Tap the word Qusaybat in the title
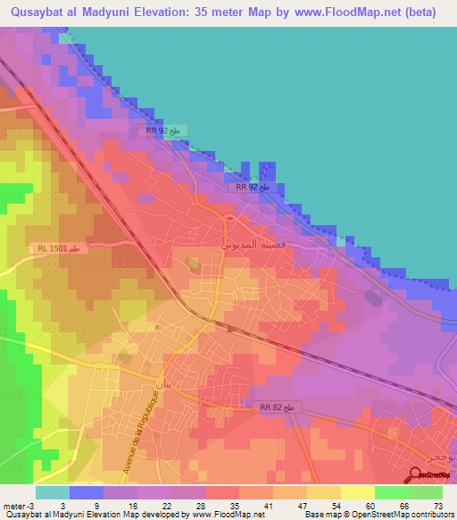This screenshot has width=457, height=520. click(x=38, y=12)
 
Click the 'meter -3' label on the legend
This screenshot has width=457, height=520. click(x=21, y=506)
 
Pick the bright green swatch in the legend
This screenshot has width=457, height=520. click(x=391, y=492)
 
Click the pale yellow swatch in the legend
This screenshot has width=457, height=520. click(x=357, y=492)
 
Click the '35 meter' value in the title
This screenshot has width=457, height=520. click(x=231, y=12)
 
